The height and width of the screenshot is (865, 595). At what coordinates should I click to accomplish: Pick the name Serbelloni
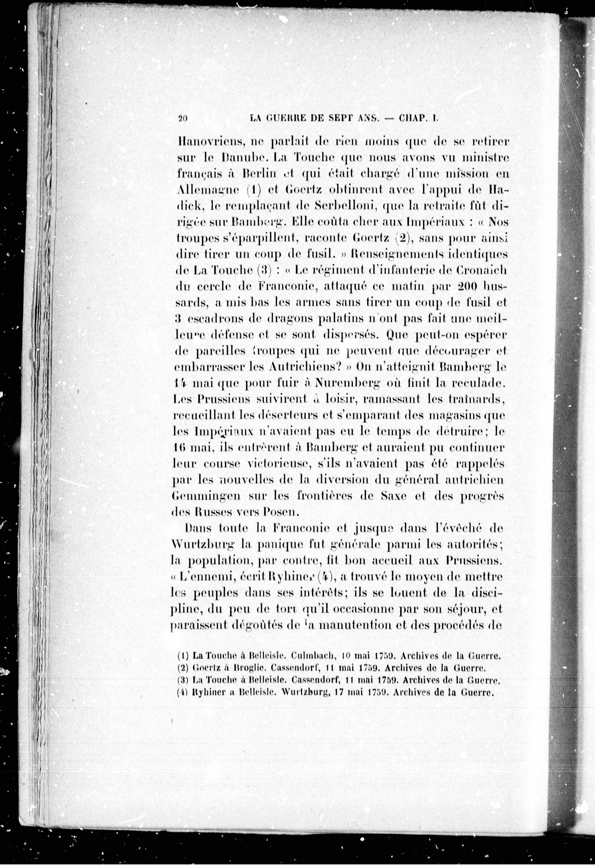[343, 206]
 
